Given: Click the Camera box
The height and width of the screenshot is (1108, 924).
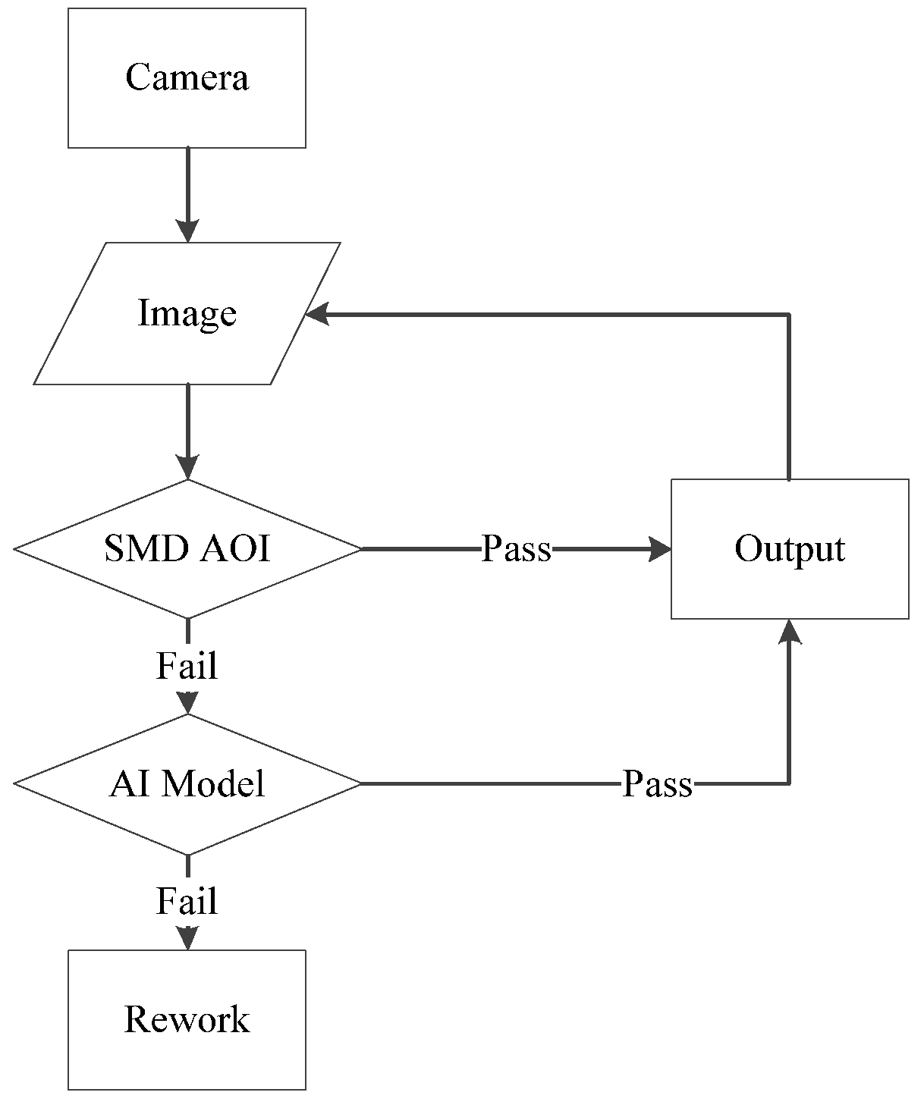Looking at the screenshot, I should coord(187,78).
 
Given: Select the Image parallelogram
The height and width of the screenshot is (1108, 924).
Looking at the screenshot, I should coord(187,313).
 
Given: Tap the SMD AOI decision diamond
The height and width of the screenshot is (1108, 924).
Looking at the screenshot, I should coord(187,548).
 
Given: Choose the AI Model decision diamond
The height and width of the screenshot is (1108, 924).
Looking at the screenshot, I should coord(187,783).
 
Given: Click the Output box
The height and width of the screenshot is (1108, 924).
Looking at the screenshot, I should coord(790,548).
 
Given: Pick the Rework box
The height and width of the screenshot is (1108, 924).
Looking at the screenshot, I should coord(187,1019).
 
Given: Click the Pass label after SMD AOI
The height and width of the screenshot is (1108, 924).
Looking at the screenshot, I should coord(516,548).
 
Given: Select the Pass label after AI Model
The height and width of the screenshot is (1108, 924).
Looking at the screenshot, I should coord(657,783).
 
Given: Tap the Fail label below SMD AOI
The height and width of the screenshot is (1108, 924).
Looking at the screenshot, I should coord(187,666).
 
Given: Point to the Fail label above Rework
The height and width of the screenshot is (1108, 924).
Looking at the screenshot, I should coord(187,901).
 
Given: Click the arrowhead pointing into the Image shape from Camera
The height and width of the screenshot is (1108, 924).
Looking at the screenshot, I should coord(187,231).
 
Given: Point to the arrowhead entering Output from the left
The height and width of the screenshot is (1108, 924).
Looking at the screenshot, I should coord(660,548).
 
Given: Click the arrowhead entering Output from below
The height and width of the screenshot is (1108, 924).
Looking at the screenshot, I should coord(790,631).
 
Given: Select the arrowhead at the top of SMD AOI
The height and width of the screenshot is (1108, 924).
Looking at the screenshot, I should coord(187,467).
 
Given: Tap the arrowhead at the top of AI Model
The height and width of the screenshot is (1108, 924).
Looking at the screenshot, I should coord(187,703).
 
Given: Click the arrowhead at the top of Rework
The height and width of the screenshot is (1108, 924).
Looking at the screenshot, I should coord(187,938).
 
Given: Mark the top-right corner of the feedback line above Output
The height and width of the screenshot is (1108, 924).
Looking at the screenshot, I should coord(790,313).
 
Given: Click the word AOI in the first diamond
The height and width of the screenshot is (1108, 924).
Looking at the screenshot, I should coord(235,548).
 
